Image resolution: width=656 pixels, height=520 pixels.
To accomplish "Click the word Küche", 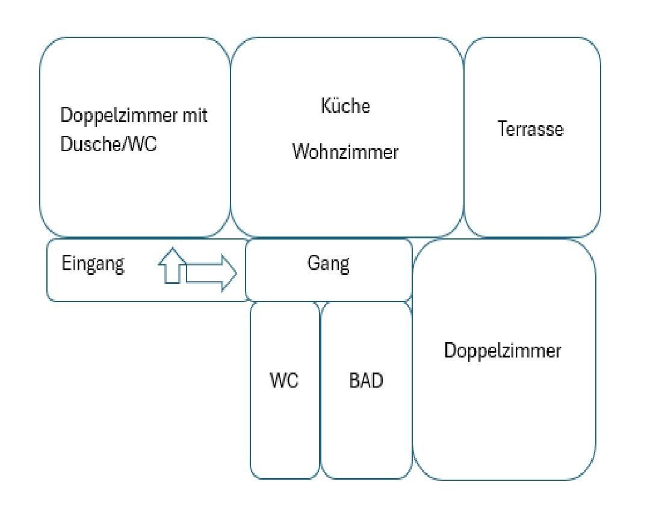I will tap(345, 107).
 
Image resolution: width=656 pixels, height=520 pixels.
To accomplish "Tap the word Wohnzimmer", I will tap(345, 152).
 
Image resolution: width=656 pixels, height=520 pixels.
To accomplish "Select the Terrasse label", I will tap(531, 129).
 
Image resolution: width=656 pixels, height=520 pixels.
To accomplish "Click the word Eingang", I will tap(93, 264).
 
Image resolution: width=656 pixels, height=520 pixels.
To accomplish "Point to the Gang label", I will tap(329, 265).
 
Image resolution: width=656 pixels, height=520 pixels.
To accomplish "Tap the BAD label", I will tap(366, 381).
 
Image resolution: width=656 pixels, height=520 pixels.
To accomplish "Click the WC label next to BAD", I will tap(284, 381).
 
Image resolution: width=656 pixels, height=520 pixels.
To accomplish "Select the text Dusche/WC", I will tap(109, 145).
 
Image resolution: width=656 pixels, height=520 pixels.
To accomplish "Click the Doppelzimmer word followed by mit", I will tap(118, 116).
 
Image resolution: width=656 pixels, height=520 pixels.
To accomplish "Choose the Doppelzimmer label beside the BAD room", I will tap(503, 351).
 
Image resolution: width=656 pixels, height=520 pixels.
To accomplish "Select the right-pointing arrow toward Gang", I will tap(211, 273).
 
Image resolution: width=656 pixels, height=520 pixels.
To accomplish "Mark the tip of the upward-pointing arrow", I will tap(172, 249).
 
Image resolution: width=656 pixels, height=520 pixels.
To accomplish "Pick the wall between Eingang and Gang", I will tap(247, 270).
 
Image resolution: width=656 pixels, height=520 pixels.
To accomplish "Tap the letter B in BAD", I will tap(354, 381).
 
